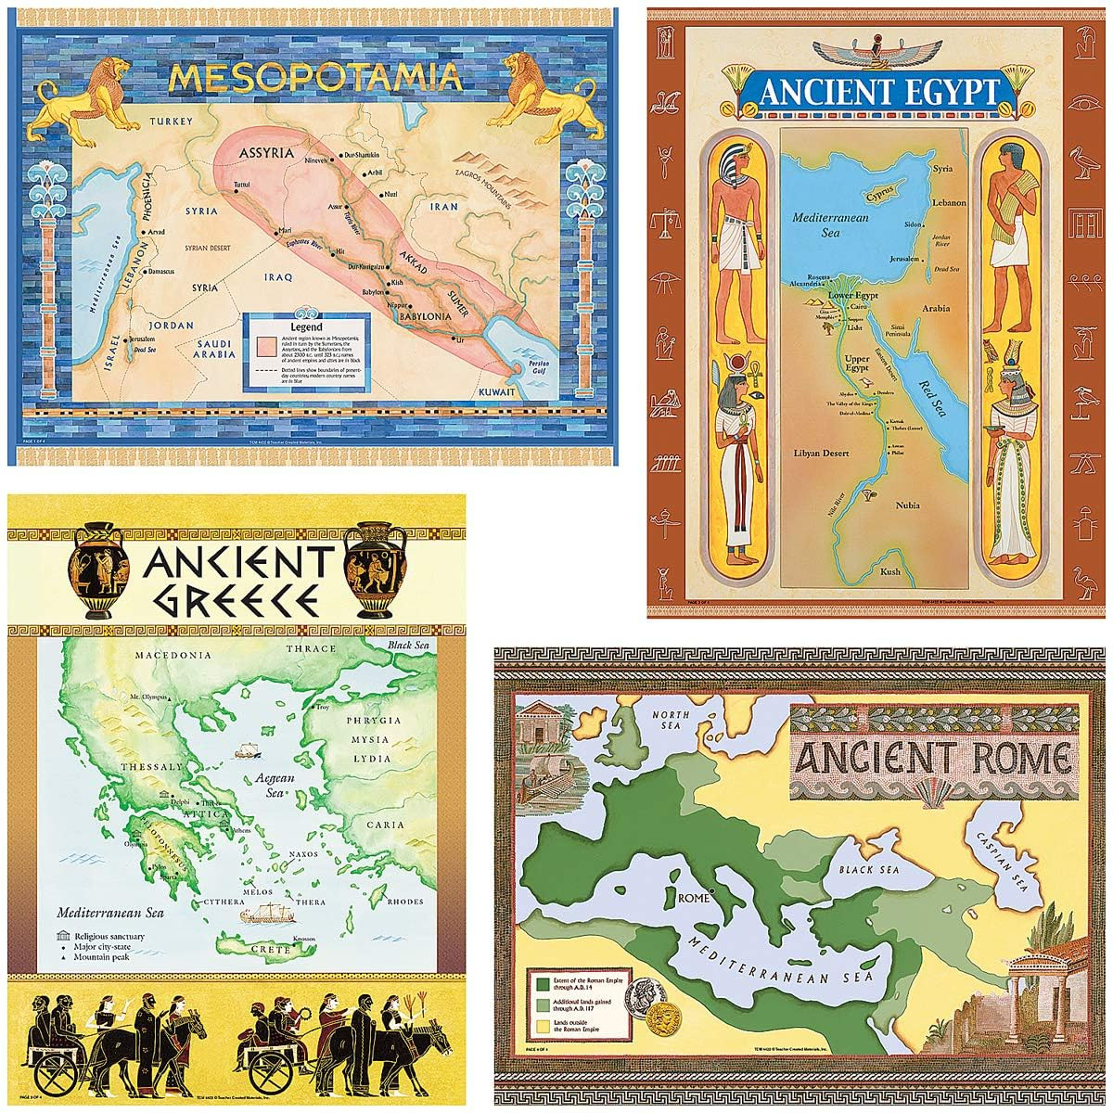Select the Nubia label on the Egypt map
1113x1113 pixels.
(907, 505)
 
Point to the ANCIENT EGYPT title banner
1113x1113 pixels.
(878, 93)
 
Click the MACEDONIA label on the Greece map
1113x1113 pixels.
(173, 655)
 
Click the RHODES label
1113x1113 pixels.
(406, 902)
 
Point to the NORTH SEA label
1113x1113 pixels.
(677, 722)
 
